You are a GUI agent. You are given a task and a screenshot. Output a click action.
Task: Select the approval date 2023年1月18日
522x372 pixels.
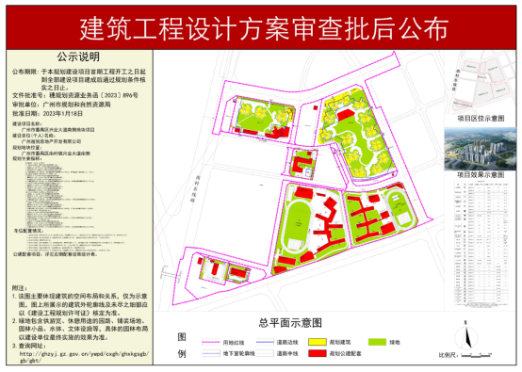pyautogui.click(x=84, y=111)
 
